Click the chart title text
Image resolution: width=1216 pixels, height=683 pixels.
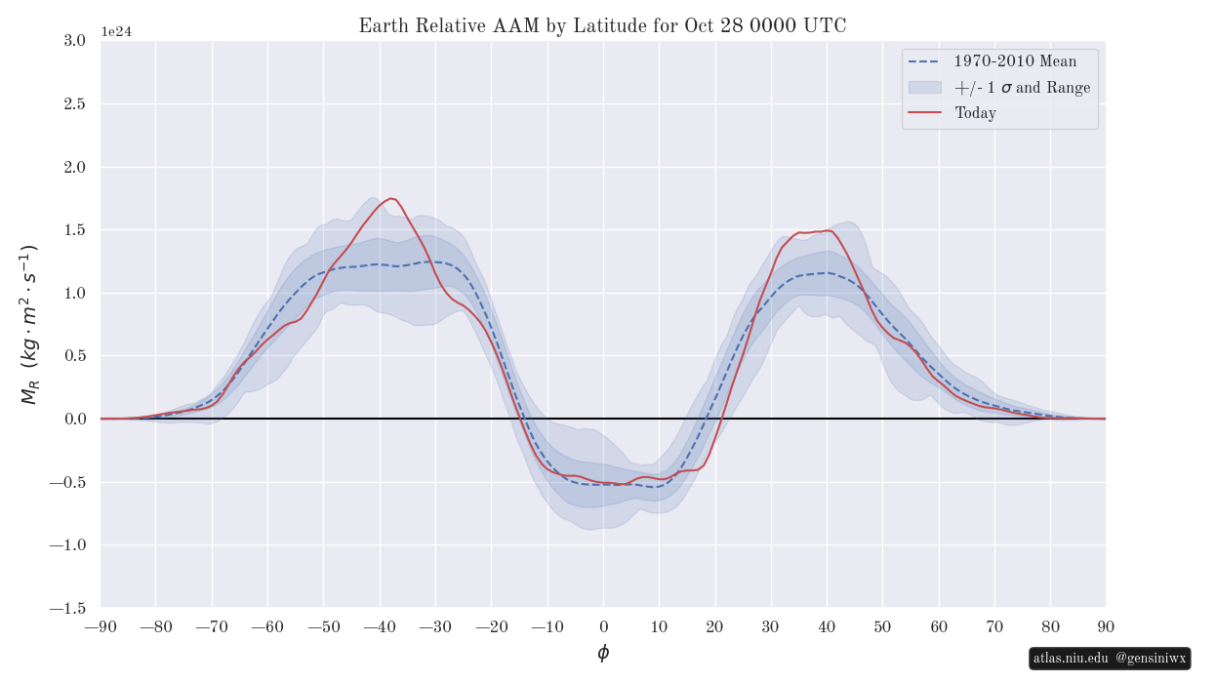click(602, 26)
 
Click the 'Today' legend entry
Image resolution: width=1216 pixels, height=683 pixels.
click(975, 113)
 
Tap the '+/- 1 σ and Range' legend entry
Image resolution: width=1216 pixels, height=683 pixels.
click(1022, 88)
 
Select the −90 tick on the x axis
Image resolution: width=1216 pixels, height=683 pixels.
click(101, 626)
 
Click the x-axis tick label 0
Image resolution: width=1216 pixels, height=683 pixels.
click(603, 626)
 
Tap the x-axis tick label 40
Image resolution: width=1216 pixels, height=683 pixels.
click(827, 626)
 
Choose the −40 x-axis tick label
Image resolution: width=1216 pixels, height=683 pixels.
click(380, 626)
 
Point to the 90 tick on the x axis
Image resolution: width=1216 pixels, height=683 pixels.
click(1106, 626)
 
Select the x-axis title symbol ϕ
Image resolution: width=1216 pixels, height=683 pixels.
click(603, 653)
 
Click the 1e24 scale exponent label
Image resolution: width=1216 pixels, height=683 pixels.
click(116, 32)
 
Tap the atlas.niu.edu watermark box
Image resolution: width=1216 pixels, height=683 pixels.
click(1110, 659)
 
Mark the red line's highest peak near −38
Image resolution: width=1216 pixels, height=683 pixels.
click(391, 198)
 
